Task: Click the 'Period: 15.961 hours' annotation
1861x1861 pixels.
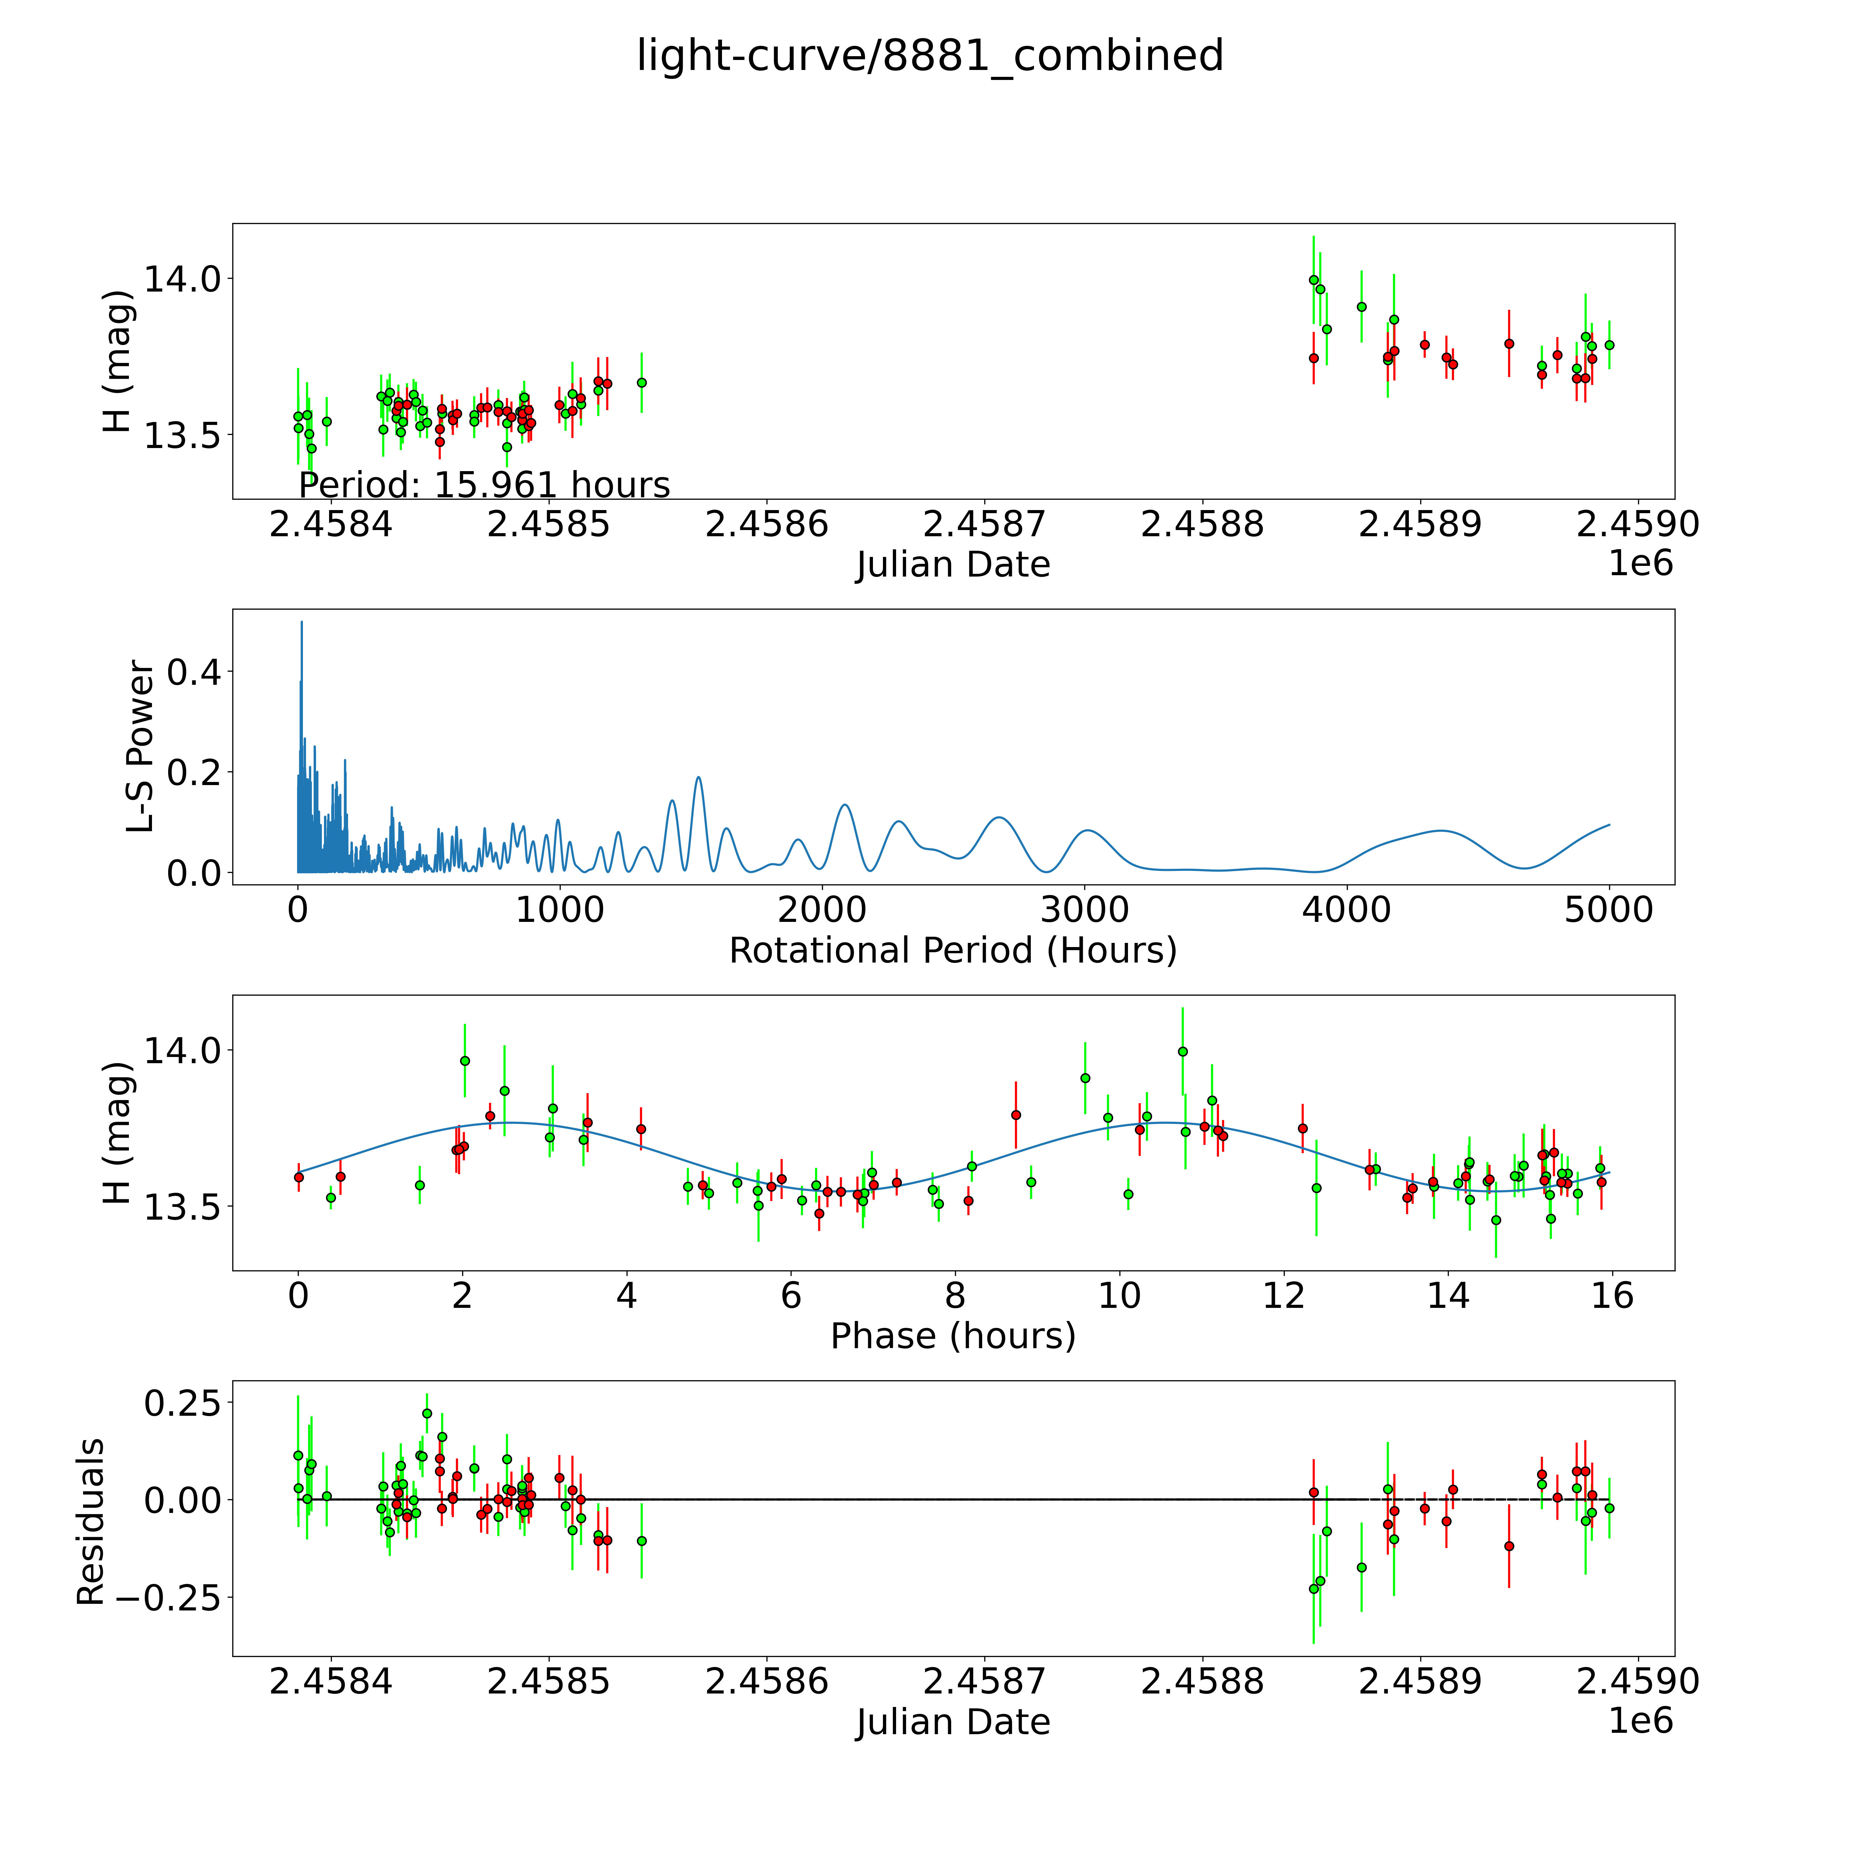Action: coord(484,485)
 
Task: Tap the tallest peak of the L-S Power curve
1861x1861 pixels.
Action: coord(302,622)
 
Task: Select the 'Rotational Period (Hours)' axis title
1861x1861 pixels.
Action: coord(953,951)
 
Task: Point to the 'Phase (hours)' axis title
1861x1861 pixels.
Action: coord(953,1336)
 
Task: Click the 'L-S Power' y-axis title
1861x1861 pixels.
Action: coord(141,746)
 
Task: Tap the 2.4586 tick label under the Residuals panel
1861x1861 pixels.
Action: coord(767,1681)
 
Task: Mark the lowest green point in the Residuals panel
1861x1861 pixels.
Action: coord(1313,1588)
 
